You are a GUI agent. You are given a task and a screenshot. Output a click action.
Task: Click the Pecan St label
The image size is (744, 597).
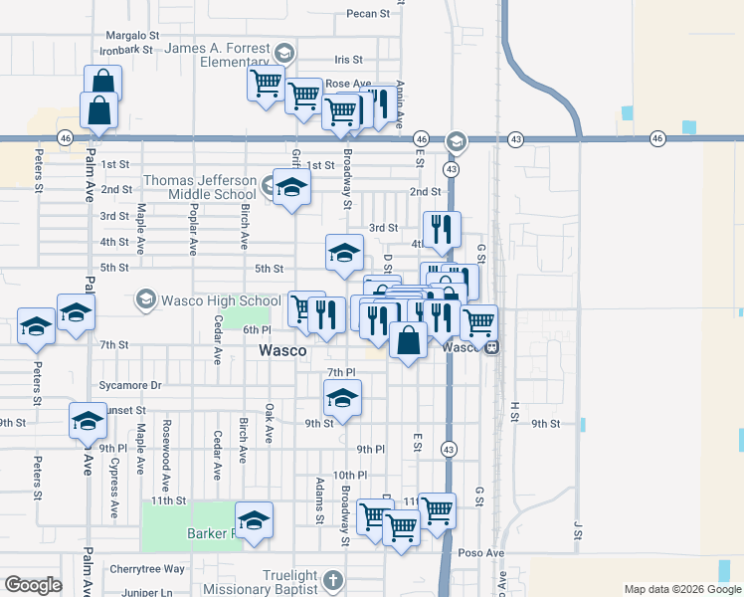point(368,14)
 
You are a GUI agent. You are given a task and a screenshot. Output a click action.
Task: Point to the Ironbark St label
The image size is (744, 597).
point(127,48)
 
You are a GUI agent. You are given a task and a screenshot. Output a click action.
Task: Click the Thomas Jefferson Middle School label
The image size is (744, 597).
point(200,187)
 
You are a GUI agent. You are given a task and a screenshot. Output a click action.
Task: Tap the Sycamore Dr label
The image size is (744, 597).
point(130,385)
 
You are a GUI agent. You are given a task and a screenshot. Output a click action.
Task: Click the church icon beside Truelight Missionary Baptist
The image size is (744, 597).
point(333,578)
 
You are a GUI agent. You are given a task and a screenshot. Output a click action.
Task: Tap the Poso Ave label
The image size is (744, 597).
point(481,552)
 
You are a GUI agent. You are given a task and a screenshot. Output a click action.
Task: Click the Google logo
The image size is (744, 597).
point(33,585)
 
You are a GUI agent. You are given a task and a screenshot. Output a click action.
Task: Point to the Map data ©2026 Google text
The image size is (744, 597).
point(681,589)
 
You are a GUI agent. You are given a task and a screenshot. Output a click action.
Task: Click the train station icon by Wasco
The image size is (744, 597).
point(492,348)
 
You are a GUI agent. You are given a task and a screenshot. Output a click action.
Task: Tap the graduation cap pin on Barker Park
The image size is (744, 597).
point(254,519)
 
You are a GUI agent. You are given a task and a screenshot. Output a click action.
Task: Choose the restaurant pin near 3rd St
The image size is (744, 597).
point(442,229)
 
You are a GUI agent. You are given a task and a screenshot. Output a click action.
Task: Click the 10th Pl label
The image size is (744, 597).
point(350,476)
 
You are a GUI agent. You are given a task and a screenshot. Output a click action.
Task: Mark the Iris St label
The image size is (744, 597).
point(349,61)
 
